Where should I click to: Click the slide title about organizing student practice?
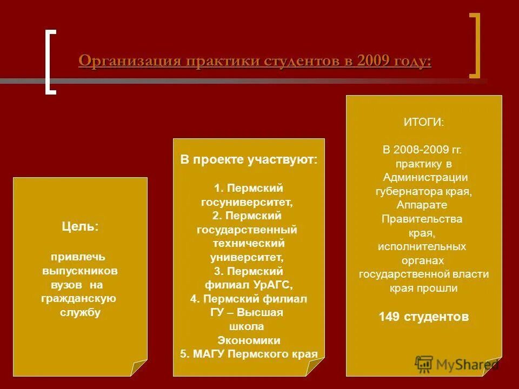coord(255,61)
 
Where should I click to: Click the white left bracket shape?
coord(50,63)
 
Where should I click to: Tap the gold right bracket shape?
coord(475,46)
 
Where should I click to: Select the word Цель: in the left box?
coord(80,226)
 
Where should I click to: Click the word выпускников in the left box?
coord(80,270)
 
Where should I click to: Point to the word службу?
coord(80,312)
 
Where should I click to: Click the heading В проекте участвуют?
coord(249,160)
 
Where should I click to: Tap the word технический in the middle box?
coord(248,243)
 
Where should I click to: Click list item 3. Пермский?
coord(248,271)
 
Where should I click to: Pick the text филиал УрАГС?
coord(248,285)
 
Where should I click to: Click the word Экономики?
coord(249,340)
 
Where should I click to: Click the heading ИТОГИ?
coord(424,123)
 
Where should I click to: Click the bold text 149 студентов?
coord(424,317)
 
